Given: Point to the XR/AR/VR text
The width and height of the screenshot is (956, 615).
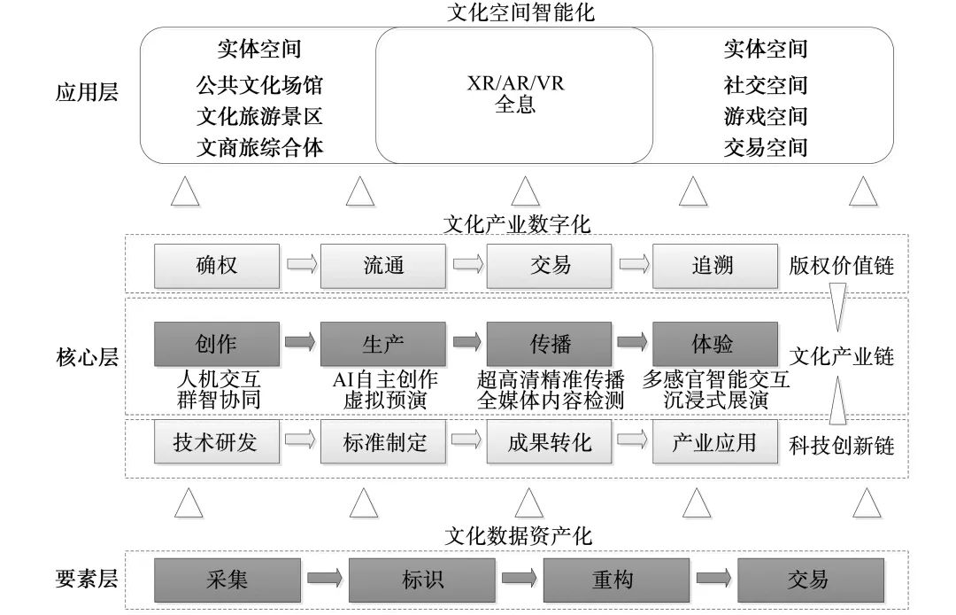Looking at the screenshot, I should click(516, 84).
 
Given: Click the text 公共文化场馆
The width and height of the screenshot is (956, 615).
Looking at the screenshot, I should click(259, 86).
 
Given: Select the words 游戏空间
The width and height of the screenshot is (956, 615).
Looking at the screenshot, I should click(766, 116).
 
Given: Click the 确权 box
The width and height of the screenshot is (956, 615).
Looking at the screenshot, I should click(217, 265).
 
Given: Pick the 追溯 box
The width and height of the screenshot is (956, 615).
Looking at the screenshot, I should click(715, 265).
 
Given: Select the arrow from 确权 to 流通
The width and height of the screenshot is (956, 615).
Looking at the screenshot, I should click(300, 265).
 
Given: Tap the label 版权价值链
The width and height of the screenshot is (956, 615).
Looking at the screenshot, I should click(841, 265).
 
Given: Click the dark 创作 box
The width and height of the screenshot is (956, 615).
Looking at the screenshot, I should click(217, 343).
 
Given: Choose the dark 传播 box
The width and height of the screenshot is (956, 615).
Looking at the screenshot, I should click(549, 343).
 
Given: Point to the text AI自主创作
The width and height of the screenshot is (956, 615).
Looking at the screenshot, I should click(384, 379).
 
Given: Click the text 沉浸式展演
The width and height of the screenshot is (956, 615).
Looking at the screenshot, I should click(717, 400).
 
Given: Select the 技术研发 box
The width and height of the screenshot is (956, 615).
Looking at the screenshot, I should click(217, 441).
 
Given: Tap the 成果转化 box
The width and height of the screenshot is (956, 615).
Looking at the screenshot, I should click(549, 441).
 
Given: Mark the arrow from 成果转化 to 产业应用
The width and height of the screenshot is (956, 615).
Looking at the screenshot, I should click(632, 440).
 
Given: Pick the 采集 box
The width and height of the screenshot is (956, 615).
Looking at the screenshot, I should click(227, 580).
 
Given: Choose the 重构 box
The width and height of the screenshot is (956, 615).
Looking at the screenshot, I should click(613, 580).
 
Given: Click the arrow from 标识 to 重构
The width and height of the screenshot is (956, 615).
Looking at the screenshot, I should click(520, 580).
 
